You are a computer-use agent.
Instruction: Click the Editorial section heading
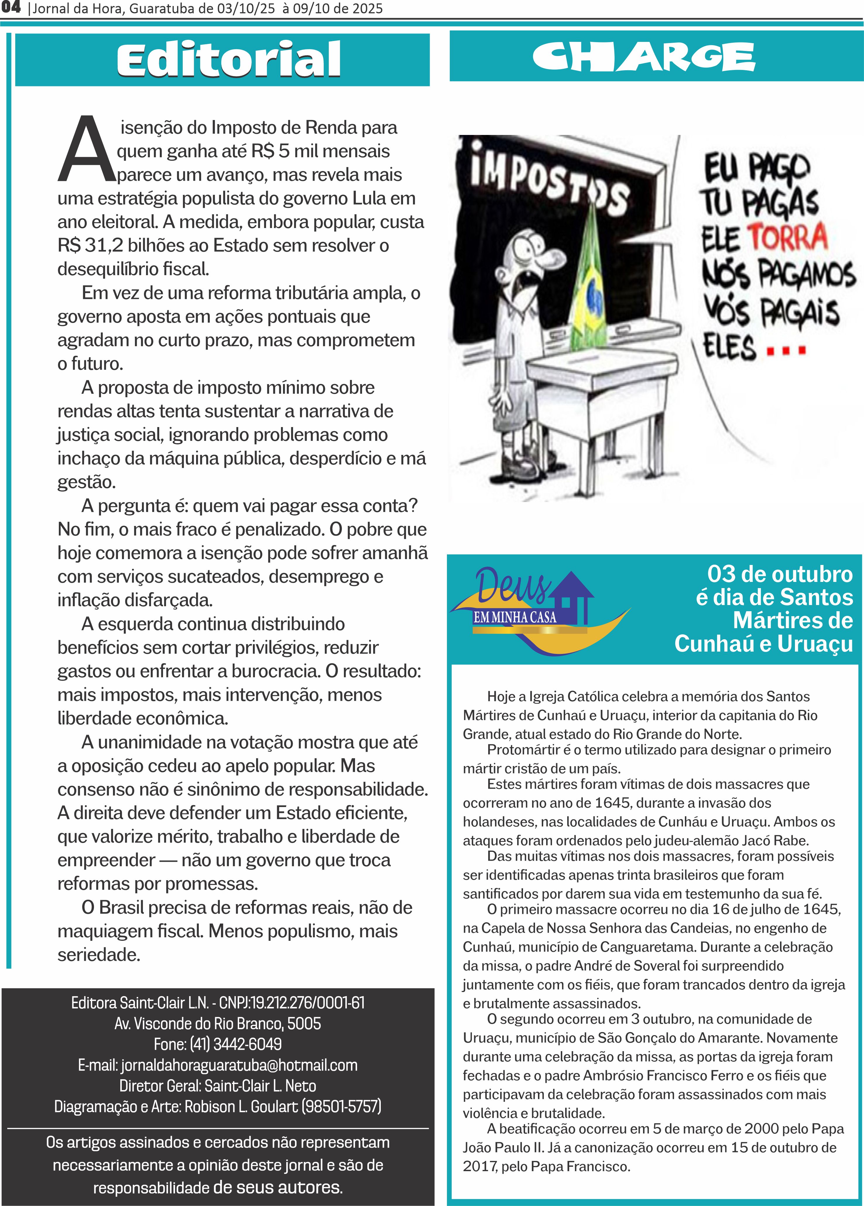pos(229,59)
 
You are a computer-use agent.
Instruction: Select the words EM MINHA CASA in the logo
pos(515,617)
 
